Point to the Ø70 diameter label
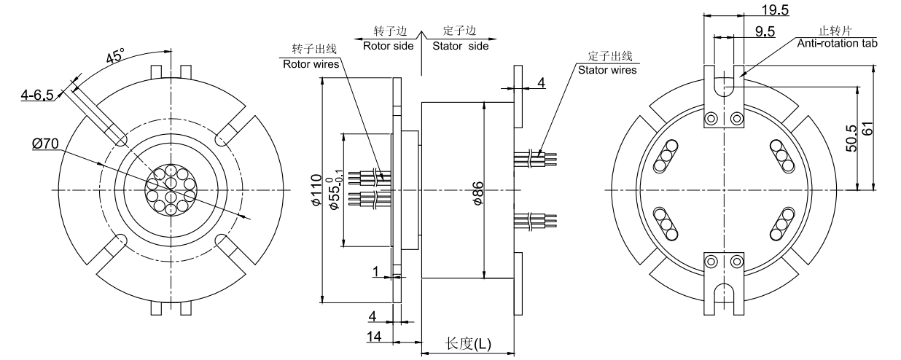click(x=46, y=144)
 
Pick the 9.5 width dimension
click(x=765, y=31)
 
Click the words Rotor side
click(x=388, y=45)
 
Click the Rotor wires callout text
click(x=312, y=63)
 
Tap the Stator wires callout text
click(x=606, y=70)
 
